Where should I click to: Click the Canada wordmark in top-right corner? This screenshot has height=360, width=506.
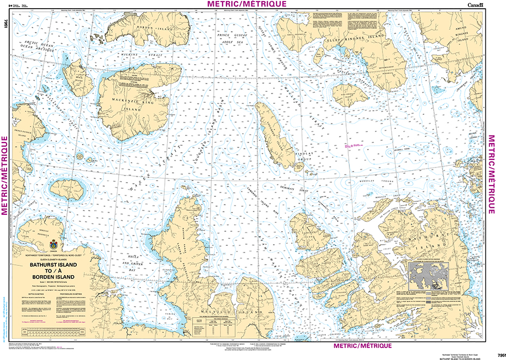pyautogui.click(x=474, y=5)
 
